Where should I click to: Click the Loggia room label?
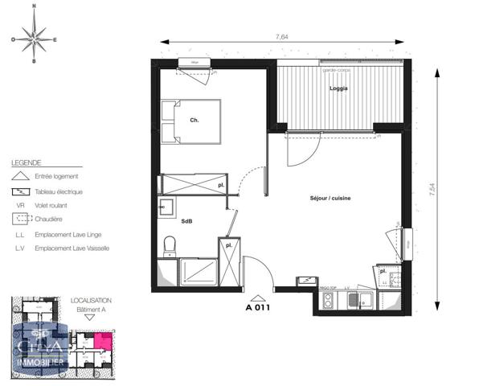click(339, 88)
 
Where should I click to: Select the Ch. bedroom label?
click(194, 121)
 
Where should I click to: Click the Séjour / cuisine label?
click(330, 198)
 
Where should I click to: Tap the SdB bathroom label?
click(186, 220)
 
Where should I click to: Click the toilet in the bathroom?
click(169, 244)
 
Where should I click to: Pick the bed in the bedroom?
click(190, 121)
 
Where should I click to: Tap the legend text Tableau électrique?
click(58, 191)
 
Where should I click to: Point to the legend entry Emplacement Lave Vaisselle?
click(72, 248)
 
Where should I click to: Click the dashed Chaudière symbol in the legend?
click(20, 219)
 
